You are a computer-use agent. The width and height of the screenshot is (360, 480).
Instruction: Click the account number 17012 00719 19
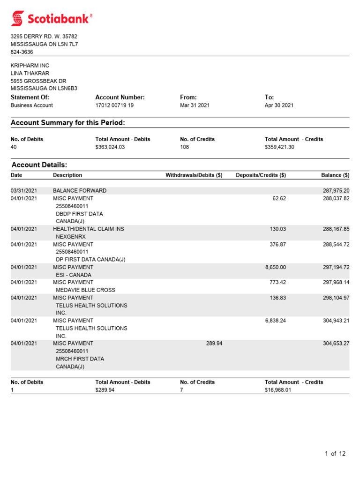click(114, 105)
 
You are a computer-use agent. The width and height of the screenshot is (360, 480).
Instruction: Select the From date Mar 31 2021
click(195, 105)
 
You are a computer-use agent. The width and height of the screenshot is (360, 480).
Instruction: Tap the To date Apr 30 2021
click(279, 105)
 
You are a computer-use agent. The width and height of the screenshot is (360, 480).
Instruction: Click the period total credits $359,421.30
click(280, 147)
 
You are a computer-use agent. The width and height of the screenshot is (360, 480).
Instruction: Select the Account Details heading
click(39, 165)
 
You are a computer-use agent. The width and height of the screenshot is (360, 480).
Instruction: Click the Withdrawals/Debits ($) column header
click(194, 175)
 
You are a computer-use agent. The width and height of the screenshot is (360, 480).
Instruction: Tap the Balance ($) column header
click(335, 175)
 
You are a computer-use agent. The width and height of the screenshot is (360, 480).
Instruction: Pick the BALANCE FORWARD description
click(80, 191)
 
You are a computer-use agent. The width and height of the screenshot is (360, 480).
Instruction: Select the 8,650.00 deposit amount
click(276, 267)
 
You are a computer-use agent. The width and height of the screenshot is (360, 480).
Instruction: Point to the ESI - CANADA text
click(74, 275)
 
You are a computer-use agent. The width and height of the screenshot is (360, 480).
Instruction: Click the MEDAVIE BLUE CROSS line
click(85, 290)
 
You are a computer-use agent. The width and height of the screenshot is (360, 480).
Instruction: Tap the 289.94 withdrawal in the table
click(214, 344)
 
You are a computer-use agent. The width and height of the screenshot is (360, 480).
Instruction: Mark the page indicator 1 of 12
click(335, 453)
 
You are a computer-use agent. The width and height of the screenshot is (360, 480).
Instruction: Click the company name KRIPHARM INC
click(30, 66)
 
